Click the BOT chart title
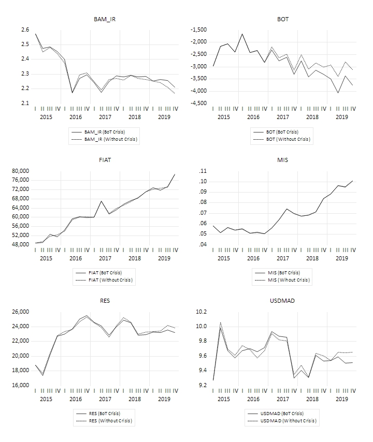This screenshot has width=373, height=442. tap(283, 19)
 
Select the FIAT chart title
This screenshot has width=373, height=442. tap(105, 160)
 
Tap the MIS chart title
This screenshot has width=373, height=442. tap(283, 160)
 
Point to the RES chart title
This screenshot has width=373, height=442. tap(105, 301)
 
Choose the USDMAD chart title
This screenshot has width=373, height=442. tap(283, 301)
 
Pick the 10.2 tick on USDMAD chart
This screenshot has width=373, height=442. tap(200, 312)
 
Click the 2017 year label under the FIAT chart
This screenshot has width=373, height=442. tap(105, 258)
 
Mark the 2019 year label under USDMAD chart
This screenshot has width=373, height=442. tap(341, 399)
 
